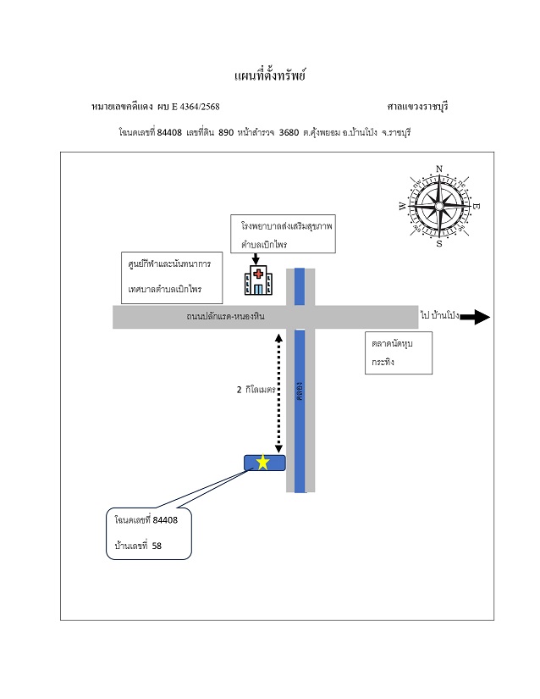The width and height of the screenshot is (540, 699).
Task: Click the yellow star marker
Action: click(x=263, y=463)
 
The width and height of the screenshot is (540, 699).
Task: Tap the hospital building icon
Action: click(x=258, y=280)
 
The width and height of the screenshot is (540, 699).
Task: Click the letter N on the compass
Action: click(x=439, y=169)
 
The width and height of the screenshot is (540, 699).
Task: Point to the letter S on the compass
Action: click(x=439, y=243)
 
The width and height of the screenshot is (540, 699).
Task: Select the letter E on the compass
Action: click(x=476, y=206)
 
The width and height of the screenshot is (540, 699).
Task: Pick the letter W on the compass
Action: click(x=402, y=206)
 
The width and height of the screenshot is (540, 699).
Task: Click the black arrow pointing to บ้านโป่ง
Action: click(x=475, y=317)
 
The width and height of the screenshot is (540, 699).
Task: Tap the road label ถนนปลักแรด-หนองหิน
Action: click(x=226, y=317)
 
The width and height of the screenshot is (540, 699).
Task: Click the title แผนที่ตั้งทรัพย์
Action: click(x=270, y=75)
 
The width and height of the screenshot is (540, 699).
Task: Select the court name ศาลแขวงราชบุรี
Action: click(x=417, y=107)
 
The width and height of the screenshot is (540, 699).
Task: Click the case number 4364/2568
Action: click(x=200, y=107)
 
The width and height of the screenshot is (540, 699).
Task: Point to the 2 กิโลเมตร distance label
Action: click(x=256, y=390)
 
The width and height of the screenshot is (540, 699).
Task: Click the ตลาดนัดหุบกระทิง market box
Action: click(x=399, y=352)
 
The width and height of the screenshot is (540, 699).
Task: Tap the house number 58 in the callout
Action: click(x=157, y=546)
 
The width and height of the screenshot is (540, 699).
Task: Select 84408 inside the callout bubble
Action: click(x=165, y=519)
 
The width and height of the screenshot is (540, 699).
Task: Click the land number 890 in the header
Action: click(x=226, y=132)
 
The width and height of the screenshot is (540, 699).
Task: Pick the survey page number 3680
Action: click(x=289, y=132)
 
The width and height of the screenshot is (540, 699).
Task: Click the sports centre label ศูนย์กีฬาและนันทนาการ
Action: click(x=169, y=264)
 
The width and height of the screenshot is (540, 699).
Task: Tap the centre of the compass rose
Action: click(x=439, y=206)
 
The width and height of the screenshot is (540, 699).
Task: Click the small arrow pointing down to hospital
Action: click(x=256, y=258)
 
